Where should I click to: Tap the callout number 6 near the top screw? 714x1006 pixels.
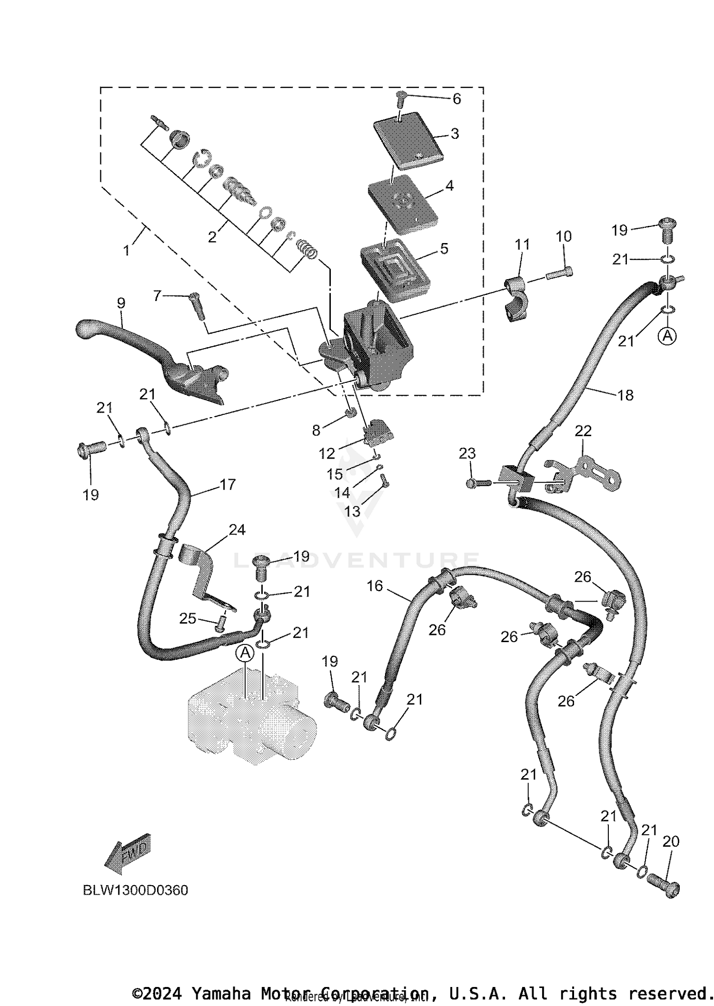coord(456,99)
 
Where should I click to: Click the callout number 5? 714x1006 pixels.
coord(444,248)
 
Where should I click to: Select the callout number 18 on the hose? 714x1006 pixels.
coord(625,395)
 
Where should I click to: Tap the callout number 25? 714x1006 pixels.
coord(187,618)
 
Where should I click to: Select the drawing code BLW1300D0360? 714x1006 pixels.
coord(136,890)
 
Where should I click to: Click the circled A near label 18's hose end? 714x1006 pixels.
coord(667,336)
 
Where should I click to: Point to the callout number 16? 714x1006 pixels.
coord(375,586)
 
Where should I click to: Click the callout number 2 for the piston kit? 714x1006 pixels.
coord(212,236)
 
